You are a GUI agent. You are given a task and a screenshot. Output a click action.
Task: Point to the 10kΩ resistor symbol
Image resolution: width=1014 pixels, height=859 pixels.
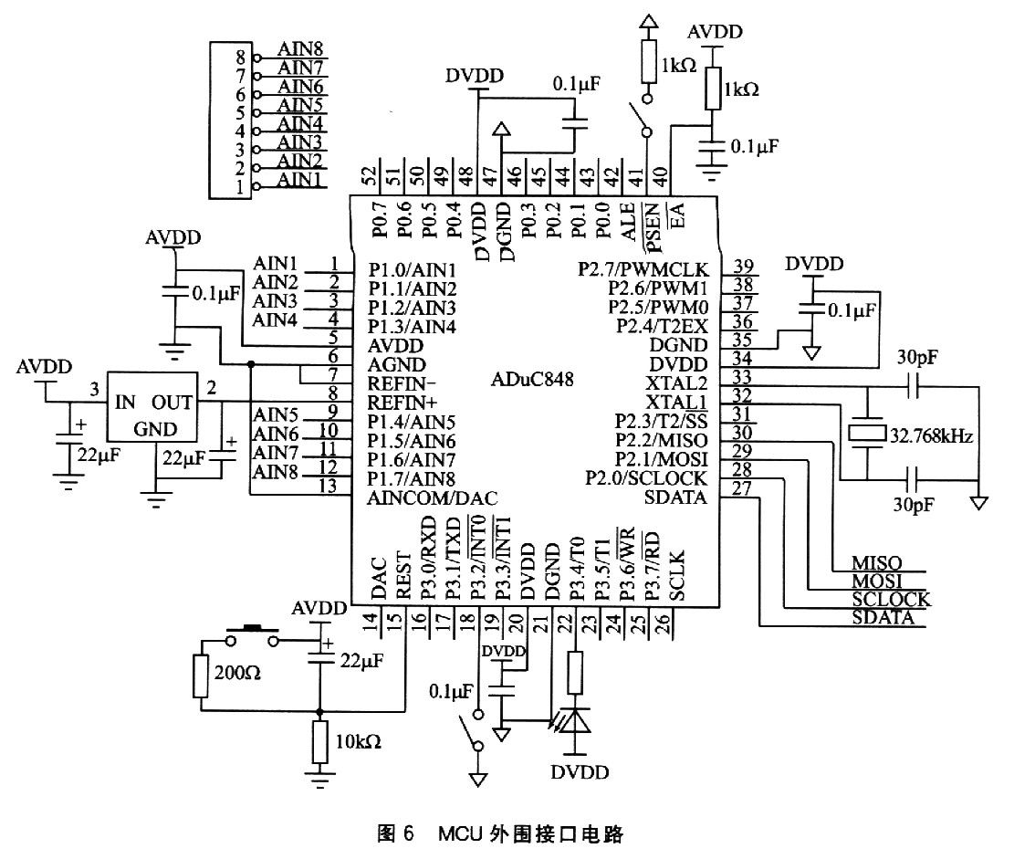pos(319,741)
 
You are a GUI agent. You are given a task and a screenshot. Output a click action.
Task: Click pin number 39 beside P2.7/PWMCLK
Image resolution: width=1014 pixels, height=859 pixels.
pos(744,267)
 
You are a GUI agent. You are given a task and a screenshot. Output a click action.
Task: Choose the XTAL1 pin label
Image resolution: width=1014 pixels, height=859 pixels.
pos(675,402)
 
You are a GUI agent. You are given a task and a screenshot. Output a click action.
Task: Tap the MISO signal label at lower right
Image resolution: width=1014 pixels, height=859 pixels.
pos(875,563)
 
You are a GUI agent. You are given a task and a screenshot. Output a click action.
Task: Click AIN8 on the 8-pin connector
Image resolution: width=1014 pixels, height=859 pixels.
pos(300,49)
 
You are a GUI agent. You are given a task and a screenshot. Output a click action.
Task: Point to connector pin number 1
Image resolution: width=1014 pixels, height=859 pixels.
pos(240,187)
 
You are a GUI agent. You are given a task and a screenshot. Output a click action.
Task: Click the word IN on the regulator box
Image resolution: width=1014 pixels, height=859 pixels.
pos(125,402)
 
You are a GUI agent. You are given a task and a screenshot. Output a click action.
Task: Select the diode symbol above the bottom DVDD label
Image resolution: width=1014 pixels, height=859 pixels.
pos(574,721)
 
